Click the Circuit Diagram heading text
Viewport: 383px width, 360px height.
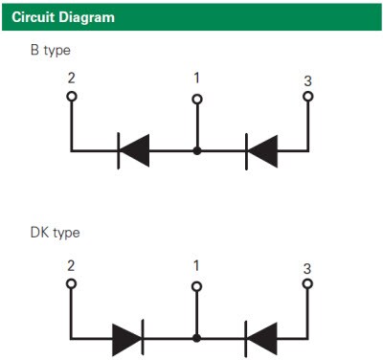pyautogui.click(x=60, y=16)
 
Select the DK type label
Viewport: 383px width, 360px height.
pyautogui.click(x=54, y=233)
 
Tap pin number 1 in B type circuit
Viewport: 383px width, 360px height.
pyautogui.click(x=197, y=78)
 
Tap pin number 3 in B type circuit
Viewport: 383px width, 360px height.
pyautogui.click(x=307, y=80)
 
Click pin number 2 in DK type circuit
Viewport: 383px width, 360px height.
pyautogui.click(x=71, y=265)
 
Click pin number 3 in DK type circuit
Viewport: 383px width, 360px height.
pyautogui.click(x=307, y=268)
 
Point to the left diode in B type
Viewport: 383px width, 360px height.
pyautogui.click(x=133, y=149)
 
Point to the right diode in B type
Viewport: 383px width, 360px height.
pyautogui.click(x=261, y=149)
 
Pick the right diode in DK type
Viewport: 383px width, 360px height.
pyautogui.click(x=261, y=337)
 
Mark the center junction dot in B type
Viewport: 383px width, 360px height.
pyautogui.click(x=197, y=150)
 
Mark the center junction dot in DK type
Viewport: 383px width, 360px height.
pyautogui.click(x=197, y=337)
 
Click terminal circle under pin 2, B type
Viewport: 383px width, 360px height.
pyautogui.click(x=72, y=96)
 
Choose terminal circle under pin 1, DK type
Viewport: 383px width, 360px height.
pyautogui.click(x=197, y=284)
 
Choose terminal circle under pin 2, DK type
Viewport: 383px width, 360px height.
pyautogui.click(x=72, y=283)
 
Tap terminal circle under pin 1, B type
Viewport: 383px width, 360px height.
pyautogui.click(x=197, y=98)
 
